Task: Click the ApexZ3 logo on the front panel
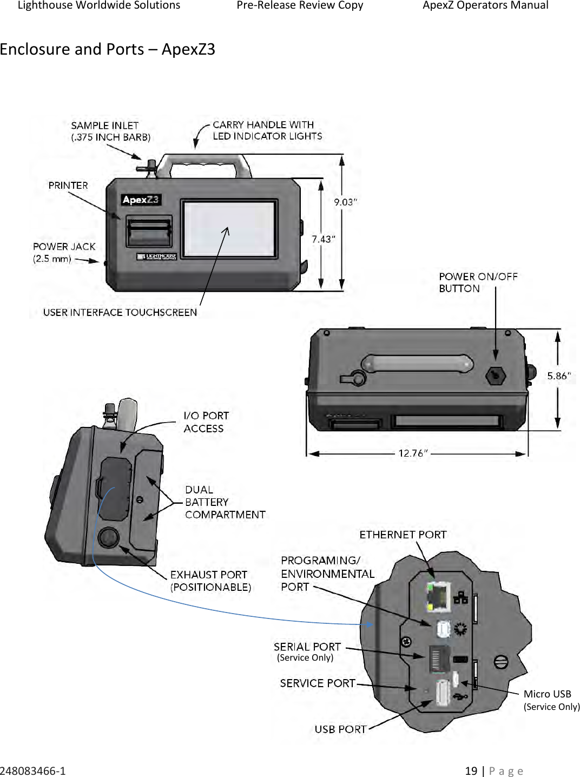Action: pyautogui.click(x=141, y=200)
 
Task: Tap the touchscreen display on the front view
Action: pyautogui.click(x=229, y=228)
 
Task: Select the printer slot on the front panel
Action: pyautogui.click(x=149, y=232)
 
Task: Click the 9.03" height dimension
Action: pyautogui.click(x=345, y=202)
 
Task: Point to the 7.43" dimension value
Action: pyautogui.click(x=323, y=239)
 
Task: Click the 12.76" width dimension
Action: pyautogui.click(x=413, y=453)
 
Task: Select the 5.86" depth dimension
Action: pyautogui.click(x=558, y=376)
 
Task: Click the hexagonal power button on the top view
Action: pyautogui.click(x=495, y=375)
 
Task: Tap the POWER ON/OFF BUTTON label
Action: pyautogui.click(x=478, y=282)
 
